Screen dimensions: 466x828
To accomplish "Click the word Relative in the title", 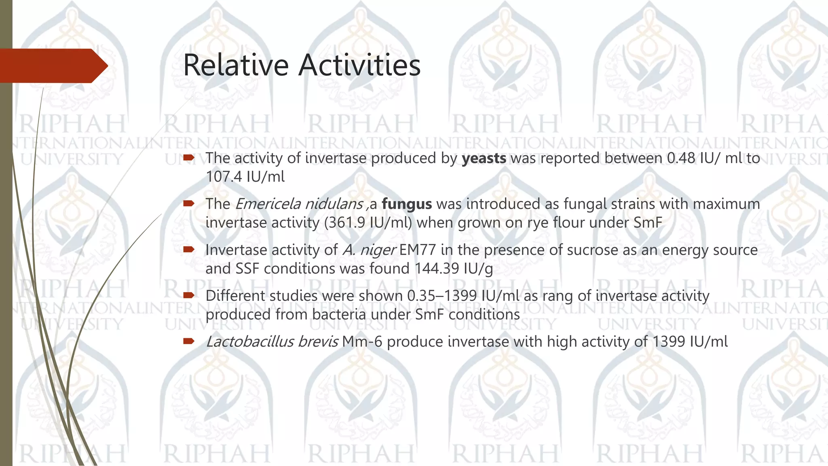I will click(x=237, y=65).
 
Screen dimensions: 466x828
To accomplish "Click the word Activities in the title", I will click(x=359, y=65).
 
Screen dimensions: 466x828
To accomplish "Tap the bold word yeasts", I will click(x=484, y=158).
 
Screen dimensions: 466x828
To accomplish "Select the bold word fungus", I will click(x=406, y=204).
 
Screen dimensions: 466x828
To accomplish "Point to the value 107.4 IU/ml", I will click(x=245, y=177).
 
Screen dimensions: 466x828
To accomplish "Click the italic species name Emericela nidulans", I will click(x=299, y=204).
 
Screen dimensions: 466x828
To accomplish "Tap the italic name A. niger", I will click(x=368, y=250).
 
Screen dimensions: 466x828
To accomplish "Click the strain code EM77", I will click(x=418, y=250).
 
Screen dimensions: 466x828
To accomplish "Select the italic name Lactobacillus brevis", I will click(x=272, y=342).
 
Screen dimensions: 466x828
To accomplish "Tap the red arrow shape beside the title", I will click(x=53, y=66).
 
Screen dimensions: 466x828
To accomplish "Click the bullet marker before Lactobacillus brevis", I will click(x=188, y=341).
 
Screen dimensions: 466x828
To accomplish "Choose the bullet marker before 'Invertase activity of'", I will click(x=188, y=250).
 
